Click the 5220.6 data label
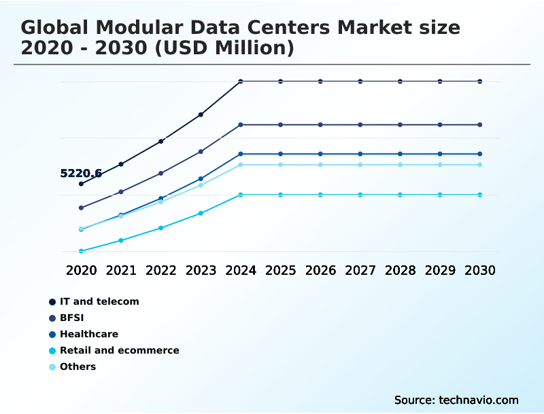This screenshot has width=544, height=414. (x=81, y=174)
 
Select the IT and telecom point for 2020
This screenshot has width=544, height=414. (x=81, y=184)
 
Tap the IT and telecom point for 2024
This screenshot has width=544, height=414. (x=241, y=81)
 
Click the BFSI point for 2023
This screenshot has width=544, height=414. (x=201, y=151)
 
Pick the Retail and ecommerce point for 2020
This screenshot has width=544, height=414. (x=81, y=251)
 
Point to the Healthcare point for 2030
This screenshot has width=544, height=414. (x=480, y=154)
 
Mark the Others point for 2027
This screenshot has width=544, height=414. (x=360, y=165)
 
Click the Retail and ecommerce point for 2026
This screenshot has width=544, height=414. (x=320, y=195)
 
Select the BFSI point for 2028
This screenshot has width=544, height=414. (x=401, y=125)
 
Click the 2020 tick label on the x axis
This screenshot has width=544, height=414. (x=81, y=270)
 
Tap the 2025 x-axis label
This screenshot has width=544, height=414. (x=280, y=270)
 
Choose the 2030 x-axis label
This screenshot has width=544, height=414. (x=480, y=270)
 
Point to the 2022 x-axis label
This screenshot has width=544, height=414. (x=161, y=270)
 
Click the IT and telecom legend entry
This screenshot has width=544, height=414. (x=99, y=301)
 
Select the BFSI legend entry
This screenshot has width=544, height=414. (x=72, y=318)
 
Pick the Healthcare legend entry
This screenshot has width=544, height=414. (x=88, y=334)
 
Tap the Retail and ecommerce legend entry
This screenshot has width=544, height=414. (x=119, y=350)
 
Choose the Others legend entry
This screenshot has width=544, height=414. (x=78, y=366)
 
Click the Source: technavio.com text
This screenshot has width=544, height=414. (x=456, y=400)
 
